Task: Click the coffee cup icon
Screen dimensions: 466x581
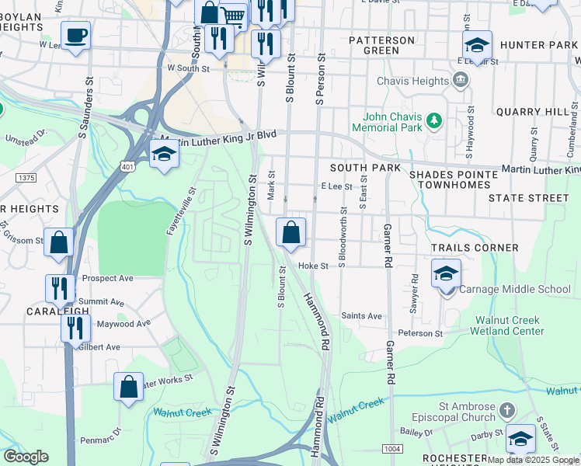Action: point(75,36)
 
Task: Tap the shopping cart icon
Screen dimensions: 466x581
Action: point(232,15)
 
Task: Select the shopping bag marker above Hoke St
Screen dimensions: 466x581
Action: point(290,232)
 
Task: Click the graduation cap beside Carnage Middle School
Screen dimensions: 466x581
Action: point(447,274)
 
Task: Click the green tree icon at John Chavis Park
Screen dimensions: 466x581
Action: point(434,120)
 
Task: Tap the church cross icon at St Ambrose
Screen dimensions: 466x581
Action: point(506,409)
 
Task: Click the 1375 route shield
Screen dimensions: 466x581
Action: point(26,178)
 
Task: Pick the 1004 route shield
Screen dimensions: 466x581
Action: point(391,449)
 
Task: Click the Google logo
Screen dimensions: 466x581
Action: point(26,457)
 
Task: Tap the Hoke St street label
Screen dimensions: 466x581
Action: point(314,266)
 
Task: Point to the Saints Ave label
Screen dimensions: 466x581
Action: point(362,316)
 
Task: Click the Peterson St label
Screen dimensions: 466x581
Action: point(423,333)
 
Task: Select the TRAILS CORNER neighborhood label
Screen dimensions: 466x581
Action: point(475,248)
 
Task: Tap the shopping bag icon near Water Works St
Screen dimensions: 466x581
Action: point(128,386)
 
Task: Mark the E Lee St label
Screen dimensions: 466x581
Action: point(336,186)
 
